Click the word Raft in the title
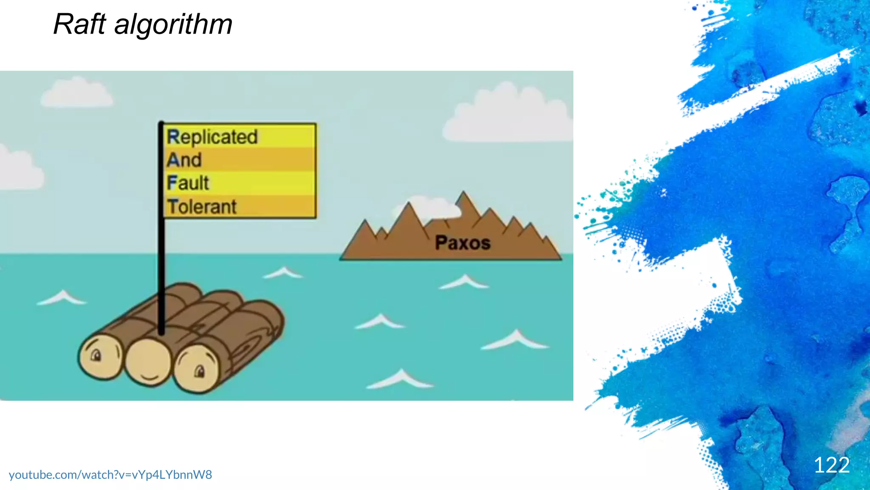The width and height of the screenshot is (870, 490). (79, 24)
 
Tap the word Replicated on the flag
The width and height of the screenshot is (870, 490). (212, 137)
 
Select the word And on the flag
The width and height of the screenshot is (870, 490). (184, 160)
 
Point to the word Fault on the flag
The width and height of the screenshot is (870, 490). (188, 183)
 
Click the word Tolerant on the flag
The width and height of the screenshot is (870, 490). (202, 207)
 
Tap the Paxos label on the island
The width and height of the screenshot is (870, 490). (463, 243)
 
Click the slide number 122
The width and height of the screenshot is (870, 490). (831, 465)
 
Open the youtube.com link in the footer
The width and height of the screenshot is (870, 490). (110, 475)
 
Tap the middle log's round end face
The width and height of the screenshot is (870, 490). (148, 363)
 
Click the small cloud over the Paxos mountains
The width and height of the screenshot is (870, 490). (433, 207)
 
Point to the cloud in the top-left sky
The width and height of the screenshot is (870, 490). (76, 94)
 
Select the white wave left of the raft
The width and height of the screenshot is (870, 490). (63, 298)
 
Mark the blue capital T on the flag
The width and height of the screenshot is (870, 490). (172, 207)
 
